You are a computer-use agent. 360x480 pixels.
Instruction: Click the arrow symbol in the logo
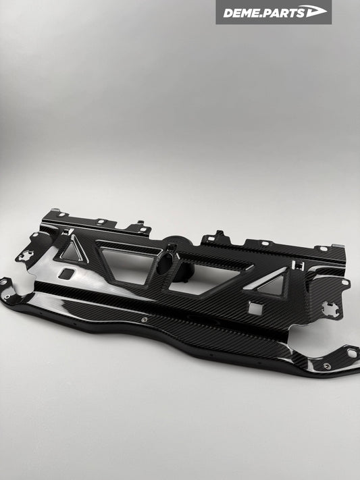(315, 11)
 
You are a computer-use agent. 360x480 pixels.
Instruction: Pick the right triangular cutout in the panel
(272, 284)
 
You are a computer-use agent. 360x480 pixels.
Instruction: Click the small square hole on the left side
(67, 273)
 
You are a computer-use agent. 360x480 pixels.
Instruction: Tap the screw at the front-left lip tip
(7, 296)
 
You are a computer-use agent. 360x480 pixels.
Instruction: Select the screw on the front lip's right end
(327, 365)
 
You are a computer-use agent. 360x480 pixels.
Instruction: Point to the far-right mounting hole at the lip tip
(352, 352)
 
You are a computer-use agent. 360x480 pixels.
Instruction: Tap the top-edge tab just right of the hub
(217, 236)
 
